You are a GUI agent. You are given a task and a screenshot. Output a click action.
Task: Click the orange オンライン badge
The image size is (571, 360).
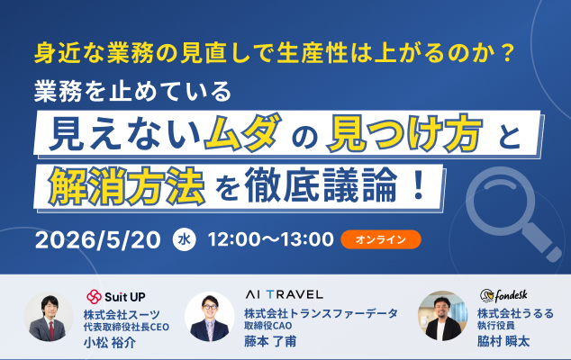pos(381,239)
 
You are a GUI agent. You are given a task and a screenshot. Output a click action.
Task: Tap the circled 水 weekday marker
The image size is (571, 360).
pos(185,239)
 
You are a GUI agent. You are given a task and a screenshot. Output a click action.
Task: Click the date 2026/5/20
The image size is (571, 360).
pos(97,240)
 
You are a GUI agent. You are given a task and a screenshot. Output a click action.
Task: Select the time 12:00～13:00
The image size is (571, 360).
pos(270,239)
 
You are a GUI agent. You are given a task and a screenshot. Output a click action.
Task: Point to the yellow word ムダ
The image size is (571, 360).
pos(243,132)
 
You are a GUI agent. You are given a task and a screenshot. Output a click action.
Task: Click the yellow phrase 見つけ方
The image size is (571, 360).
pos(405,132)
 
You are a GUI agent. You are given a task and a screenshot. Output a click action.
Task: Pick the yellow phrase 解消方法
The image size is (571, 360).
pos(126,186)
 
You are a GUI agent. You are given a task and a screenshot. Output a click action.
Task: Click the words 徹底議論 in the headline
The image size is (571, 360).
pos(322,184)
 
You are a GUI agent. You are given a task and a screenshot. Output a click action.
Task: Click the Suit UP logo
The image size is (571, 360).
pos(116,297)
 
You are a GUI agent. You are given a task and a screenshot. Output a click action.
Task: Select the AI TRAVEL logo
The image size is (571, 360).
pos(284,294)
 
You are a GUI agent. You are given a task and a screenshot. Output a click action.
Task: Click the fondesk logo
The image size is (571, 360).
pos(503,295)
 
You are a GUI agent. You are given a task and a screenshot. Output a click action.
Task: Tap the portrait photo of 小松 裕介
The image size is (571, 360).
pos(49,317)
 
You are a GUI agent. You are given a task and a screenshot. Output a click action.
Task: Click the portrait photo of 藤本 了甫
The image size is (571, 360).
pos(209,316)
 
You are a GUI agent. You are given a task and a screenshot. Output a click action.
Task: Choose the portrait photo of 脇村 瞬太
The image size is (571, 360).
pos(442,315)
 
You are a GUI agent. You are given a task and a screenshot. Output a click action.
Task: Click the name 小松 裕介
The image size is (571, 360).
pos(110,342)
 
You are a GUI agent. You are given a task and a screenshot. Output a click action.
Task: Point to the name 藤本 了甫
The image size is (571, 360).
pos(270,341)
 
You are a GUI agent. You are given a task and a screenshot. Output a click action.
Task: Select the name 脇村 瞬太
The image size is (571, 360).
pos(503,341)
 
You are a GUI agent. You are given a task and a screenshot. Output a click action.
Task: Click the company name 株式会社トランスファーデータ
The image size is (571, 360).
pos(321,313)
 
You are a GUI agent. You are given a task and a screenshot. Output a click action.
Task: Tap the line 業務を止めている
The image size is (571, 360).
pos(132,91)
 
